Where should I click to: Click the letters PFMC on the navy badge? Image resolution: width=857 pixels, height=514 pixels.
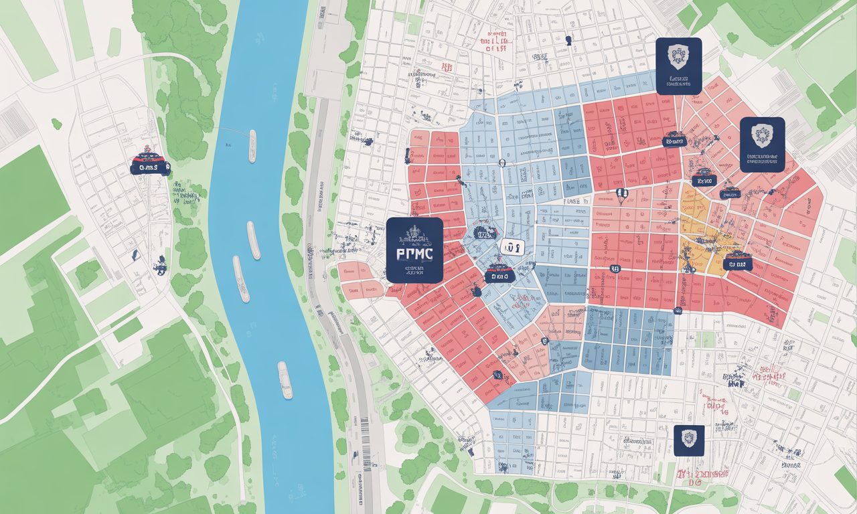pyautogui.click(x=414, y=254)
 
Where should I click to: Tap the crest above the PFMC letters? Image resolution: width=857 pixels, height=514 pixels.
pyautogui.click(x=414, y=234)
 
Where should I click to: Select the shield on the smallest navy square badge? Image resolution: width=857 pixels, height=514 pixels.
pyautogui.click(x=689, y=438)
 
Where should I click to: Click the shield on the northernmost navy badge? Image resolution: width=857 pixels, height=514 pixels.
pyautogui.click(x=678, y=56)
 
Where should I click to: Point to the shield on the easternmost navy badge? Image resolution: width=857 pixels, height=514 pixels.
pyautogui.click(x=762, y=136)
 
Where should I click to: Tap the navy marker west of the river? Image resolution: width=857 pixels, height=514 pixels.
pyautogui.click(x=150, y=163)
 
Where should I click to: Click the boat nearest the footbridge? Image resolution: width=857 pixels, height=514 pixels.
pyautogui.click(x=252, y=145)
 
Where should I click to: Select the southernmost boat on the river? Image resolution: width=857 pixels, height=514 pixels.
pyautogui.click(x=285, y=379)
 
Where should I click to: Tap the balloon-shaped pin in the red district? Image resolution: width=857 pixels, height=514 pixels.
pyautogui.click(x=621, y=196)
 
